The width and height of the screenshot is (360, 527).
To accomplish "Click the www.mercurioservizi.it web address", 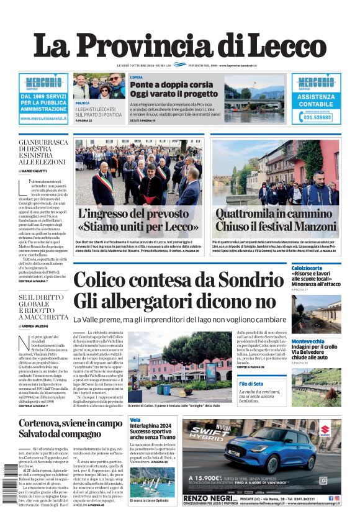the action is point(43,117).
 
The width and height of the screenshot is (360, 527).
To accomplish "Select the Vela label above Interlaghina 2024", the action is point(135,420).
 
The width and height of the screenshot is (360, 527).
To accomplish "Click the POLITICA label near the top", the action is point(82,103).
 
